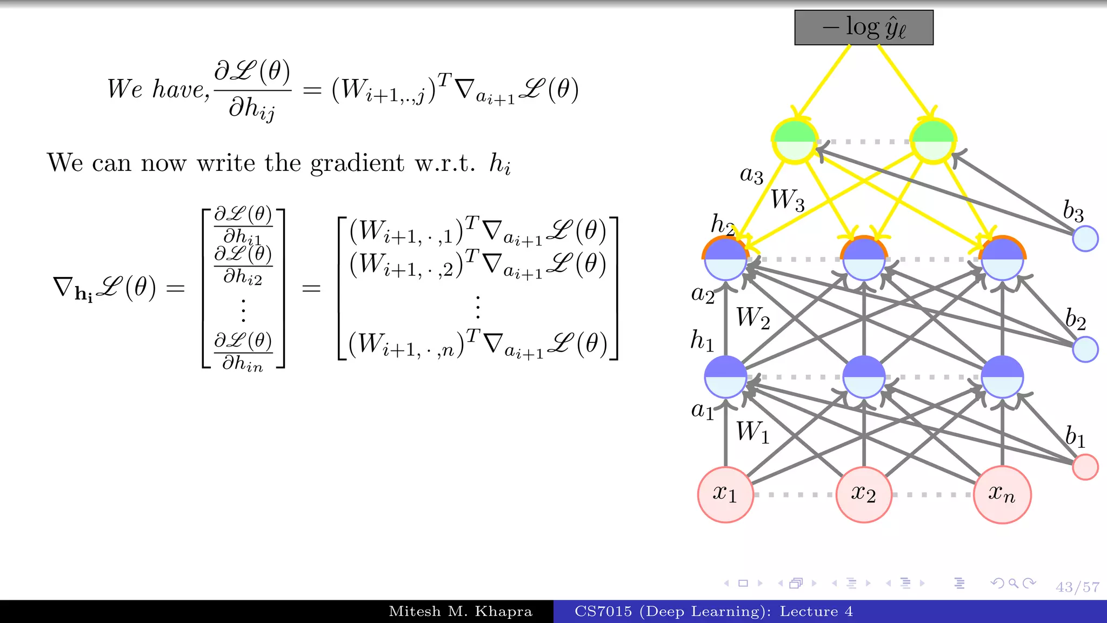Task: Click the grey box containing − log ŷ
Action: tap(863, 27)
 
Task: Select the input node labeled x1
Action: tap(725, 494)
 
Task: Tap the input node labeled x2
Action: tap(863, 494)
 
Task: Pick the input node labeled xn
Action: tap(1002, 494)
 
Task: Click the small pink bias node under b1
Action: tap(1085, 467)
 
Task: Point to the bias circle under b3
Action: tap(1085, 238)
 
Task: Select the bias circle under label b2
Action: tap(1085, 349)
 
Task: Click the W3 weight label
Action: tap(788, 200)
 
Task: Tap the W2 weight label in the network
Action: tap(752, 318)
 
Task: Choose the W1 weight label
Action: tap(752, 433)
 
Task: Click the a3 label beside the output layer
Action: tap(751, 175)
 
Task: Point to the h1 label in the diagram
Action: tap(702, 341)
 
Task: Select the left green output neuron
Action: tap(794, 141)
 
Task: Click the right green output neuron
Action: tap(932, 141)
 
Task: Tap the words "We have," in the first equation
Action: tap(158, 89)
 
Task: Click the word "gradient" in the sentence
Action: tap(357, 163)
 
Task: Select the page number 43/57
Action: tap(1077, 587)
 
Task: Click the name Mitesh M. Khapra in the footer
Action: tap(461, 612)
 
